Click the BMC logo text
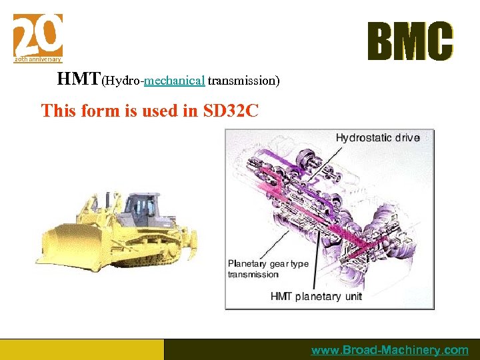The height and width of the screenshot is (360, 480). tap(410, 41)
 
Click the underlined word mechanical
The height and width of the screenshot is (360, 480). tap(174, 81)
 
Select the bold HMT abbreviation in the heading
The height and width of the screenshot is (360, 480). tap(79, 79)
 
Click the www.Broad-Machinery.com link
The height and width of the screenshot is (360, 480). tap(390, 350)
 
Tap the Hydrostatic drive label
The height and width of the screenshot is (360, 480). tap(377, 138)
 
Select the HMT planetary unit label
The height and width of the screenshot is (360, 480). tap(316, 296)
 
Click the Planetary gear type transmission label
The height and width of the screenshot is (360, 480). tap(268, 269)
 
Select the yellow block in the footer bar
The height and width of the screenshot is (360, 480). tap(81, 349)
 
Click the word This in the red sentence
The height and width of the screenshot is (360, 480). tap(59, 111)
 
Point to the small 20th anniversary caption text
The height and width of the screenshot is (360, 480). tap(38, 59)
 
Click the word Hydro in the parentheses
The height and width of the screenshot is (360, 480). tap(122, 81)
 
